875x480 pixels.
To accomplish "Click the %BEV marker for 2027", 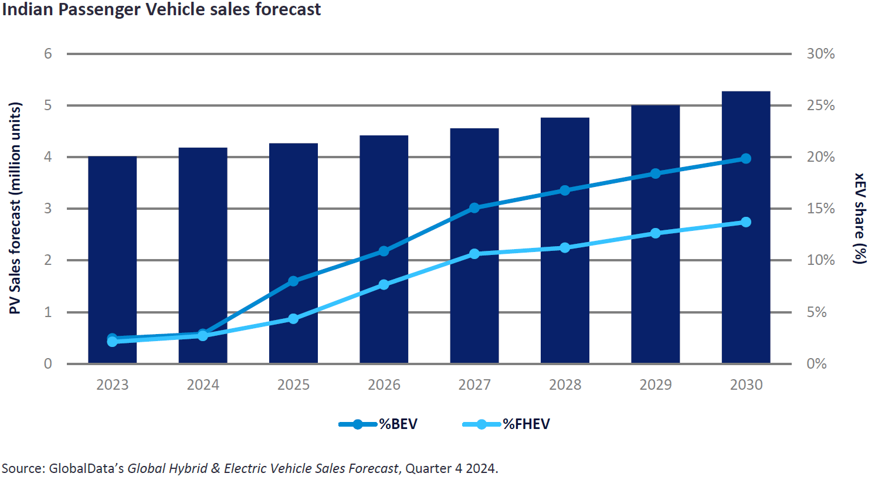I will tap(474, 207).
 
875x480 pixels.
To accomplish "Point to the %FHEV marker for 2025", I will tap(293, 319).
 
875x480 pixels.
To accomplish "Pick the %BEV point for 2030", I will tap(746, 158).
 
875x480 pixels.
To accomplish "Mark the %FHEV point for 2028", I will tap(565, 248).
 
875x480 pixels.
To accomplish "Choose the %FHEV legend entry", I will tap(506, 424).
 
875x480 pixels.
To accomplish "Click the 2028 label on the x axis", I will tap(565, 385).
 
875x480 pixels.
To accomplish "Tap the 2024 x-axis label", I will tap(203, 385).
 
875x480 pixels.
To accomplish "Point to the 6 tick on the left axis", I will tap(48, 54).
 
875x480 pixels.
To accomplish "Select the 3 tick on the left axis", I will tap(48, 209).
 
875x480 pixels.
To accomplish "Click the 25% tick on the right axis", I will tap(820, 105).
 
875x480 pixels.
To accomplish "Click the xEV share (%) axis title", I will tap(859, 218).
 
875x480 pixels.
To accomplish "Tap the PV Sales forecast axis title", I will tap(15, 208).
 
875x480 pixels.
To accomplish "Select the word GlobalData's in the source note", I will tap(86, 468).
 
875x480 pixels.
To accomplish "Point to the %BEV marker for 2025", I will tap(293, 281).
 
